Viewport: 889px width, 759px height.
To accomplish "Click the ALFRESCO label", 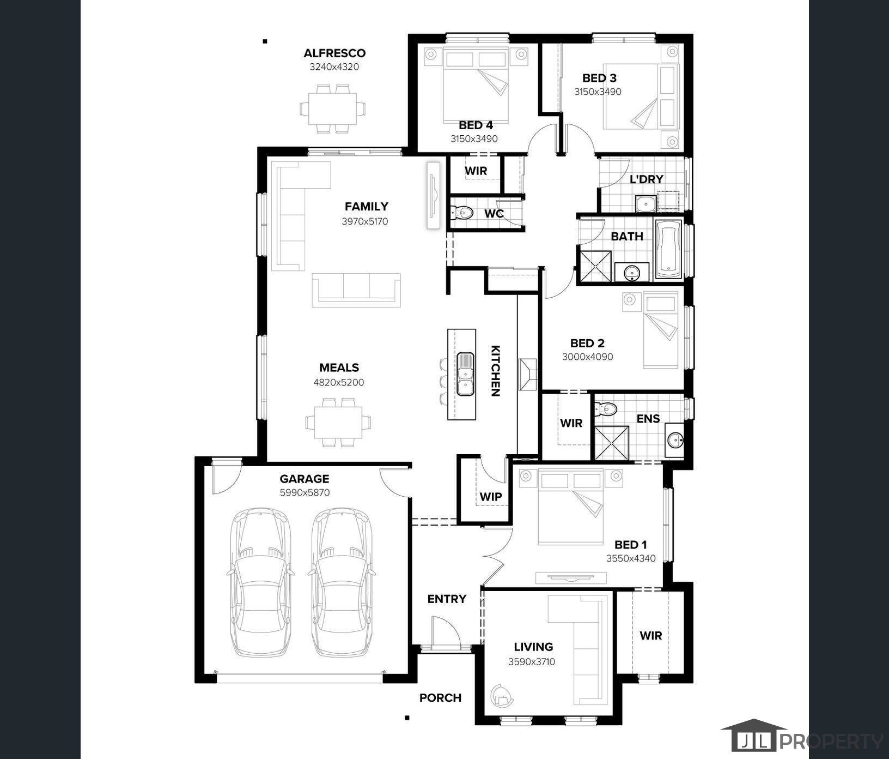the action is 334,53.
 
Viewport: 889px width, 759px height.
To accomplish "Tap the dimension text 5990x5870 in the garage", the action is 305,493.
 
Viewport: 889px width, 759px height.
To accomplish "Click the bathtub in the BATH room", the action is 668,249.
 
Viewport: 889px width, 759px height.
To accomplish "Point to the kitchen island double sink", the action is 465,374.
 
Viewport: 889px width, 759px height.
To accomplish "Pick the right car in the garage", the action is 342,582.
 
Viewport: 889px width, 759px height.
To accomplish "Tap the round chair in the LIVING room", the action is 502,695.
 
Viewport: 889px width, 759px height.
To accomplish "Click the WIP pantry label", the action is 490,497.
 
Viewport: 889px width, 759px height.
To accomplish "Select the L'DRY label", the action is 647,179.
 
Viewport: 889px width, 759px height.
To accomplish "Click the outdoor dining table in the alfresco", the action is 332,109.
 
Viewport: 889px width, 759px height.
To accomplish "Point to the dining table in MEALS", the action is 338,423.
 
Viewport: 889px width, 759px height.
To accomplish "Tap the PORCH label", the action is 440,698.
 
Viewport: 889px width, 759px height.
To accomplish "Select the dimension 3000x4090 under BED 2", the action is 587,357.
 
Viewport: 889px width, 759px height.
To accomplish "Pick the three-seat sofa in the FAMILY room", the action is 356,290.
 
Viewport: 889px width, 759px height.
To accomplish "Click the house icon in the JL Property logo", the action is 753,736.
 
